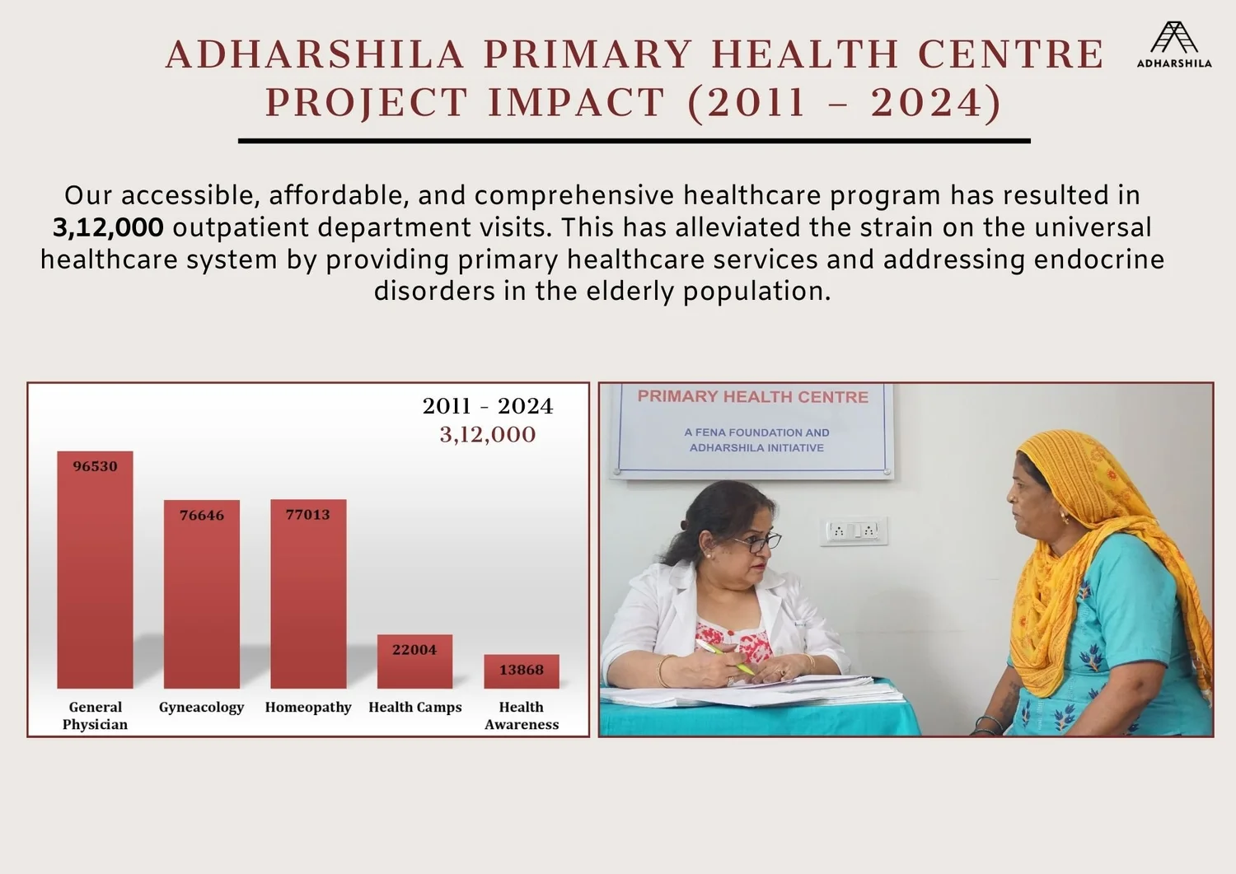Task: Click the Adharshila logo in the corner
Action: click(x=1174, y=44)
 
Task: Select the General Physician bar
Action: click(x=95, y=577)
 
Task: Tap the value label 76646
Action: click(x=202, y=515)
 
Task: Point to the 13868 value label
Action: click(x=521, y=670)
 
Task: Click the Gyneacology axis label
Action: click(x=201, y=707)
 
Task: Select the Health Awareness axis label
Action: click(x=521, y=715)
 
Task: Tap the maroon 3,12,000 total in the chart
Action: click(x=487, y=434)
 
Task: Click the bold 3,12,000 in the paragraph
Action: click(x=108, y=227)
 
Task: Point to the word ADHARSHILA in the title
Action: click(x=316, y=54)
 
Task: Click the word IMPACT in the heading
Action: click(x=576, y=103)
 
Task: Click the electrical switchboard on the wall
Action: click(x=854, y=530)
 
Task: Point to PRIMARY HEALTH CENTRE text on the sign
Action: click(x=752, y=396)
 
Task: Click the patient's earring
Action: click(x=1064, y=518)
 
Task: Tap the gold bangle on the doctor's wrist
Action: click(x=662, y=671)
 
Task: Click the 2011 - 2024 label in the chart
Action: click(x=487, y=406)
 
